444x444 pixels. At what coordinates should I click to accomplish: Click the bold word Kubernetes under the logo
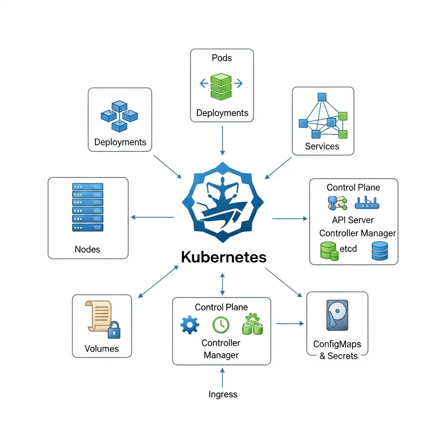(223, 257)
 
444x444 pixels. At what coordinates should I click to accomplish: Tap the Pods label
(222, 58)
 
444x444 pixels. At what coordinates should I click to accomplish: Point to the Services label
(322, 146)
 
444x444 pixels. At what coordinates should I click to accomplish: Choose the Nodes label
(88, 249)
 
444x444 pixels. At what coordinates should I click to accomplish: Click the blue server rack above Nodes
(88, 207)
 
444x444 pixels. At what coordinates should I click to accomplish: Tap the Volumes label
(102, 349)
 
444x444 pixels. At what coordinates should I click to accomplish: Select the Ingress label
(223, 394)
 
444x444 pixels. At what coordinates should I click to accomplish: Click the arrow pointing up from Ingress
(222, 377)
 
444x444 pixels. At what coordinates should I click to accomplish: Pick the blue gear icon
(189, 325)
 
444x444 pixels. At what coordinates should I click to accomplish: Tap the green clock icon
(221, 325)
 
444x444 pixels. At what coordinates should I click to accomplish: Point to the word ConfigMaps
(337, 344)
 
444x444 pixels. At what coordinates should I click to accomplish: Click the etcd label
(348, 249)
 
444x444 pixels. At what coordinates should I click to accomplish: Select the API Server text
(353, 220)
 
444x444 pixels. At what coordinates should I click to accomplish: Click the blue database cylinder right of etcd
(380, 251)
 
